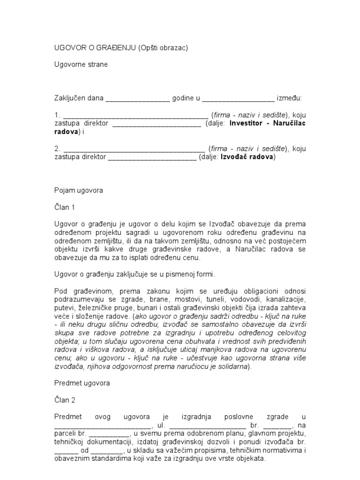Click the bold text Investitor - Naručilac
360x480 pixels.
[x=267, y=123]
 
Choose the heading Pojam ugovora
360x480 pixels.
[x=78, y=191]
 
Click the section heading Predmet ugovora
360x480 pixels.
[x=82, y=383]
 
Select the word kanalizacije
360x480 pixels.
[x=286, y=299]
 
